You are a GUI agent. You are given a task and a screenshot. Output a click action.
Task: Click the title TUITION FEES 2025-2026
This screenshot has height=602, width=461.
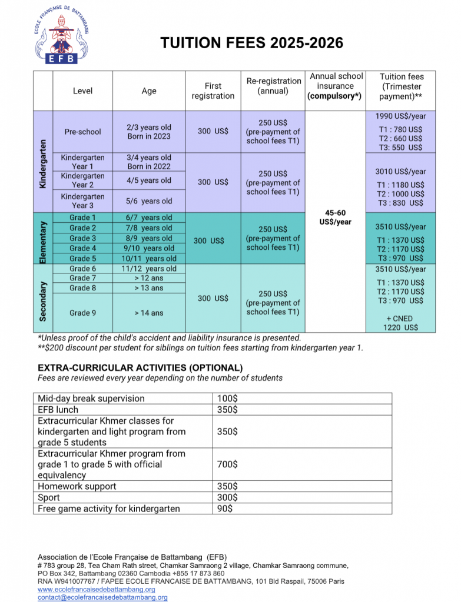click(252, 43)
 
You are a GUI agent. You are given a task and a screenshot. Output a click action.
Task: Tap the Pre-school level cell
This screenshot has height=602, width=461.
click(82, 132)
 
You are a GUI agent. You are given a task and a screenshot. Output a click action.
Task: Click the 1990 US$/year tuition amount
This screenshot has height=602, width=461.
click(400, 116)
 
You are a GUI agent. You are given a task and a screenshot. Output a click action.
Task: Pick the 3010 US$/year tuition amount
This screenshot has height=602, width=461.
click(400, 172)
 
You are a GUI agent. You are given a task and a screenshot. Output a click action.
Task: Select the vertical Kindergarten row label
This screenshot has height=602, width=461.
click(43, 161)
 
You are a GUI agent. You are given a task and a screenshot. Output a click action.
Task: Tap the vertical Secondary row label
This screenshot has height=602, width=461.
click(43, 300)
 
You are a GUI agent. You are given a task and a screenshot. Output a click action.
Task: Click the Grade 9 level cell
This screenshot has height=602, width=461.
click(82, 313)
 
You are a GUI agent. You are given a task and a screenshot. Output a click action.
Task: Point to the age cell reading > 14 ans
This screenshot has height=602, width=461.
click(149, 313)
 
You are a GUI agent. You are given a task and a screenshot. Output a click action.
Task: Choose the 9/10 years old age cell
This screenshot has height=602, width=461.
click(149, 248)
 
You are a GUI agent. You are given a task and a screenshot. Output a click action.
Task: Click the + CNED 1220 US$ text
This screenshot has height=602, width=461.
click(400, 323)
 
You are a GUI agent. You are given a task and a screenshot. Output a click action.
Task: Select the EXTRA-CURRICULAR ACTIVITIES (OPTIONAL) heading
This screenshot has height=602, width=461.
click(140, 368)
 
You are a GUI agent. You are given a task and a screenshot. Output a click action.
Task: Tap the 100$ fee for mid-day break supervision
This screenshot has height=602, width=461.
click(227, 399)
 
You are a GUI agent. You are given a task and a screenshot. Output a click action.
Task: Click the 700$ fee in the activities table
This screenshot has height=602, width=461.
click(227, 464)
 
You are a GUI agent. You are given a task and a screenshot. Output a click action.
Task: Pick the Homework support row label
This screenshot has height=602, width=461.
click(77, 486)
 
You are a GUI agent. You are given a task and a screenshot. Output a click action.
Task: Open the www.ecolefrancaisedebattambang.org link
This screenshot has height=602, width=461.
click(97, 589)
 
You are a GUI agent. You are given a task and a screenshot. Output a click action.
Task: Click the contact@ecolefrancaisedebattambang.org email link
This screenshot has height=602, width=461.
click(102, 597)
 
